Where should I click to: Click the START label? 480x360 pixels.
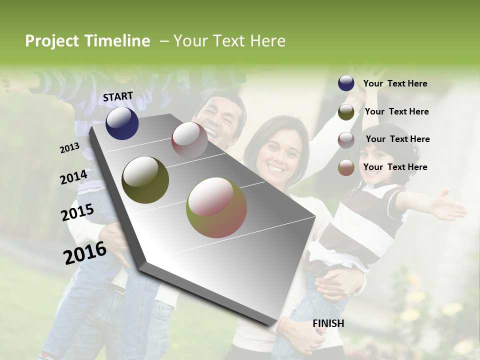click(x=118, y=96)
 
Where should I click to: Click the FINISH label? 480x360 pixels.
click(x=328, y=323)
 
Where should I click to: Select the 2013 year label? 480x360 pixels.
click(x=69, y=147)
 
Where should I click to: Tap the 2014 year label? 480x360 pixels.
click(x=73, y=177)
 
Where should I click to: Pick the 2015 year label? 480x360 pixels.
click(x=77, y=212)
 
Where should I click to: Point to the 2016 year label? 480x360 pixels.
click(x=85, y=253)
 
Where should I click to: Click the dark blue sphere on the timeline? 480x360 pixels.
click(x=122, y=123)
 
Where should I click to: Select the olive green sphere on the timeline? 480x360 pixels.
click(x=145, y=179)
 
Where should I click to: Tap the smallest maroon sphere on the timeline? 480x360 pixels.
click(x=189, y=139)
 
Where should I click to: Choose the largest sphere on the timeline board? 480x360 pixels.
click(x=216, y=207)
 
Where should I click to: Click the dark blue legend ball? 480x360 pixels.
click(x=346, y=83)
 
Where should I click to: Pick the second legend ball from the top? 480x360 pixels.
click(x=346, y=112)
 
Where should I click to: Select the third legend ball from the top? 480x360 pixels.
click(x=346, y=140)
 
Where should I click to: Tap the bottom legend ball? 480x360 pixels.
click(x=346, y=168)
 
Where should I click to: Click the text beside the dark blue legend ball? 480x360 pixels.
click(x=395, y=83)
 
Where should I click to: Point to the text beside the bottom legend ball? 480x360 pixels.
click(x=395, y=167)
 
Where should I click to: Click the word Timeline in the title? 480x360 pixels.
click(x=117, y=41)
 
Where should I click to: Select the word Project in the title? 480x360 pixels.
click(x=52, y=41)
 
